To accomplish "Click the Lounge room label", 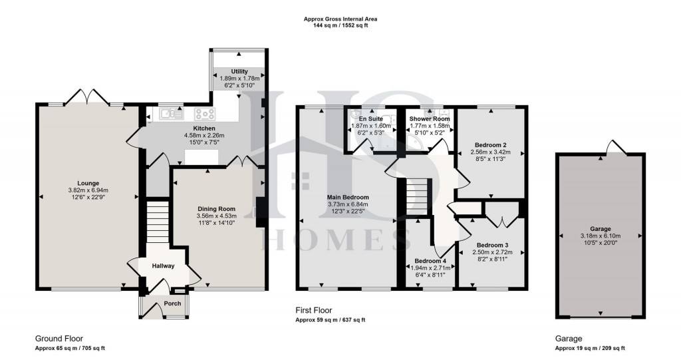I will pyautogui.click(x=88, y=183).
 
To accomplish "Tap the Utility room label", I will pyautogui.click(x=239, y=71).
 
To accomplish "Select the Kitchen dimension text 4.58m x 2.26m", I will pyautogui.click(x=204, y=135).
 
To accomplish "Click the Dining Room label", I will pyautogui.click(x=217, y=208).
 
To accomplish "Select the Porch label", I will pyautogui.click(x=163, y=304).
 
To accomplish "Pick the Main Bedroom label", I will pyautogui.click(x=347, y=197).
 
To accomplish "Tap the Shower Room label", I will pyautogui.click(x=430, y=118).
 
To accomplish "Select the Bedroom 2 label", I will pyautogui.click(x=491, y=144).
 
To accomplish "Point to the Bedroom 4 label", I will pyautogui.click(x=429, y=260).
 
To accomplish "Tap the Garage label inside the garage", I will pyautogui.click(x=601, y=228).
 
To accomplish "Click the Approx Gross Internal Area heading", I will pyautogui.click(x=340, y=19).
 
